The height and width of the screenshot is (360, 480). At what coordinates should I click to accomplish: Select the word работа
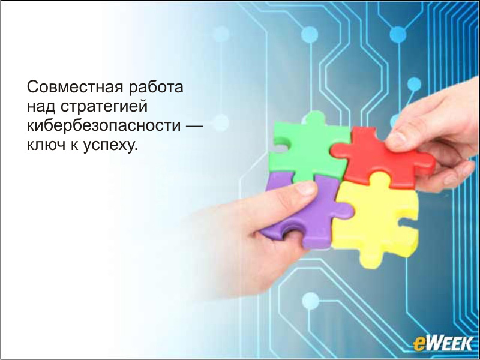point(156,87)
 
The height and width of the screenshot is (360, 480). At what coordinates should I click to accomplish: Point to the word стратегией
point(104,107)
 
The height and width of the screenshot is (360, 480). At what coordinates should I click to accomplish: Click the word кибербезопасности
point(104,125)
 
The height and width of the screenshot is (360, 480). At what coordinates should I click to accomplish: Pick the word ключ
point(46,145)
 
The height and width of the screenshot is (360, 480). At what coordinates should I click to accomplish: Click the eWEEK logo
point(443,343)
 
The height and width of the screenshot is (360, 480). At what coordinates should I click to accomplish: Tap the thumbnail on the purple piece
point(305,188)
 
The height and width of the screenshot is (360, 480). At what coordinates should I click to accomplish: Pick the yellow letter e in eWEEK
point(419,344)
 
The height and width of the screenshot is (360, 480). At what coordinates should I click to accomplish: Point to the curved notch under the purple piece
point(290,230)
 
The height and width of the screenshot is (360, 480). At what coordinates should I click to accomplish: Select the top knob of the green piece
point(314,117)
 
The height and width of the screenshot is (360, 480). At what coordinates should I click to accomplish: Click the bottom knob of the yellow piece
point(371,261)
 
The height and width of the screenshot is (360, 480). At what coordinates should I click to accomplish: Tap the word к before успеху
point(74,146)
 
